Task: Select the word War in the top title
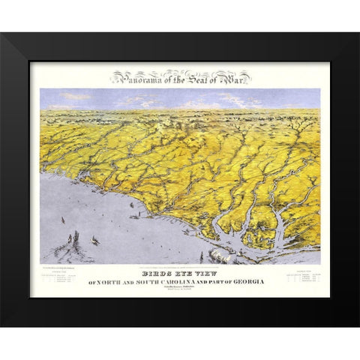tap(234, 76)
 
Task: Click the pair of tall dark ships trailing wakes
tap(73, 240)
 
